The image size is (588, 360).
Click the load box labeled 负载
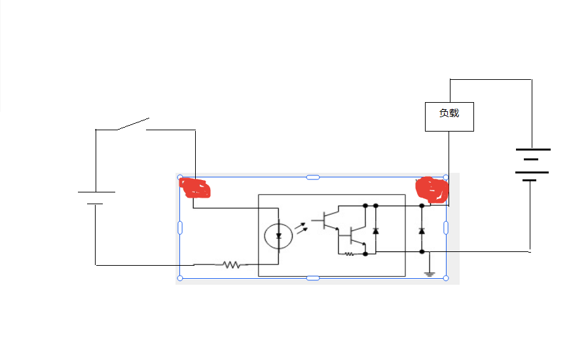[x=449, y=117]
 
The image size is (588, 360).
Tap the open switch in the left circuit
[x=133, y=124]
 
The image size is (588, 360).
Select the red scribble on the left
[x=194, y=188]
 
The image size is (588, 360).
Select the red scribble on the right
[x=432, y=189]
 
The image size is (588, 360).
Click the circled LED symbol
[x=278, y=236]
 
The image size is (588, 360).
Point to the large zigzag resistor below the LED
[x=232, y=264]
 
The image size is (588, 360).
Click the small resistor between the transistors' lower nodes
[x=349, y=254]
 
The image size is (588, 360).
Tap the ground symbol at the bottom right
[x=430, y=274]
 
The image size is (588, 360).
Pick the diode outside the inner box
[x=422, y=230]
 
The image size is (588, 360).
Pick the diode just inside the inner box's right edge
[x=375, y=230]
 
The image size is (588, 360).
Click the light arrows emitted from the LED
[x=301, y=228]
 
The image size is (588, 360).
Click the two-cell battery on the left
[x=96, y=198]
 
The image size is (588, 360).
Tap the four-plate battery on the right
[x=532, y=165]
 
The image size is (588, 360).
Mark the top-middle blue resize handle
[x=313, y=177]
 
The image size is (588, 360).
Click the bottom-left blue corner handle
[x=180, y=278]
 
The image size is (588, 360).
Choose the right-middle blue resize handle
[x=446, y=228]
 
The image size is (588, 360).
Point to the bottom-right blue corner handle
[x=446, y=278]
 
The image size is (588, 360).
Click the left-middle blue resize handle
[x=180, y=228]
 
